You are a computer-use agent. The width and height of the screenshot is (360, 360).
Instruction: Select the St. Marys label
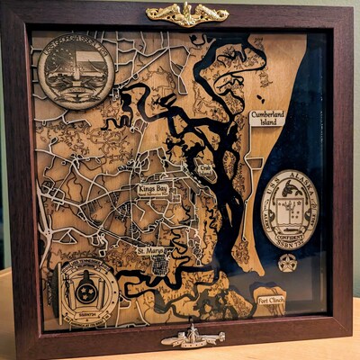tap(150, 249)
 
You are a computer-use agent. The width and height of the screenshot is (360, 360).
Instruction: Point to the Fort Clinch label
tap(271, 301)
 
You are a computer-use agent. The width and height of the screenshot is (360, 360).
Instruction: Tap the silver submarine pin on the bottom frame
tap(192, 337)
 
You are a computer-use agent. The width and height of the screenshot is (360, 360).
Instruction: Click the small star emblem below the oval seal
tap(287, 264)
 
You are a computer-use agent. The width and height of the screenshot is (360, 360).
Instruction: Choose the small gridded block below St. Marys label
tap(159, 265)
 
